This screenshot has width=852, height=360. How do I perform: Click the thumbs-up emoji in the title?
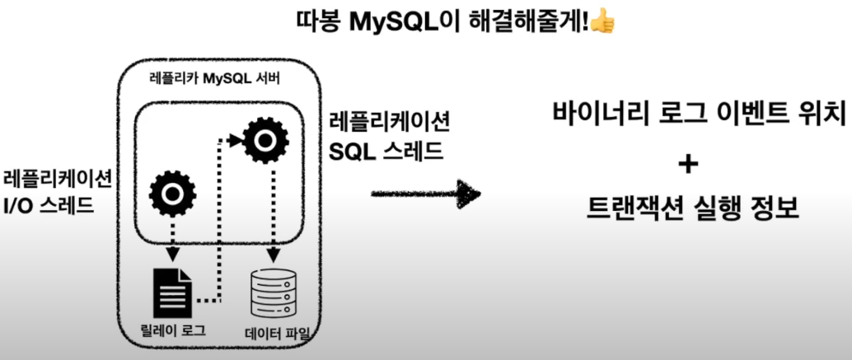coord(603,21)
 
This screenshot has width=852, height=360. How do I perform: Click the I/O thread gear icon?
coord(171,193)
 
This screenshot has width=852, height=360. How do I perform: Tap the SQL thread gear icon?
coord(264,141)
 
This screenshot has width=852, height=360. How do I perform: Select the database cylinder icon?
coord(272,292)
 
